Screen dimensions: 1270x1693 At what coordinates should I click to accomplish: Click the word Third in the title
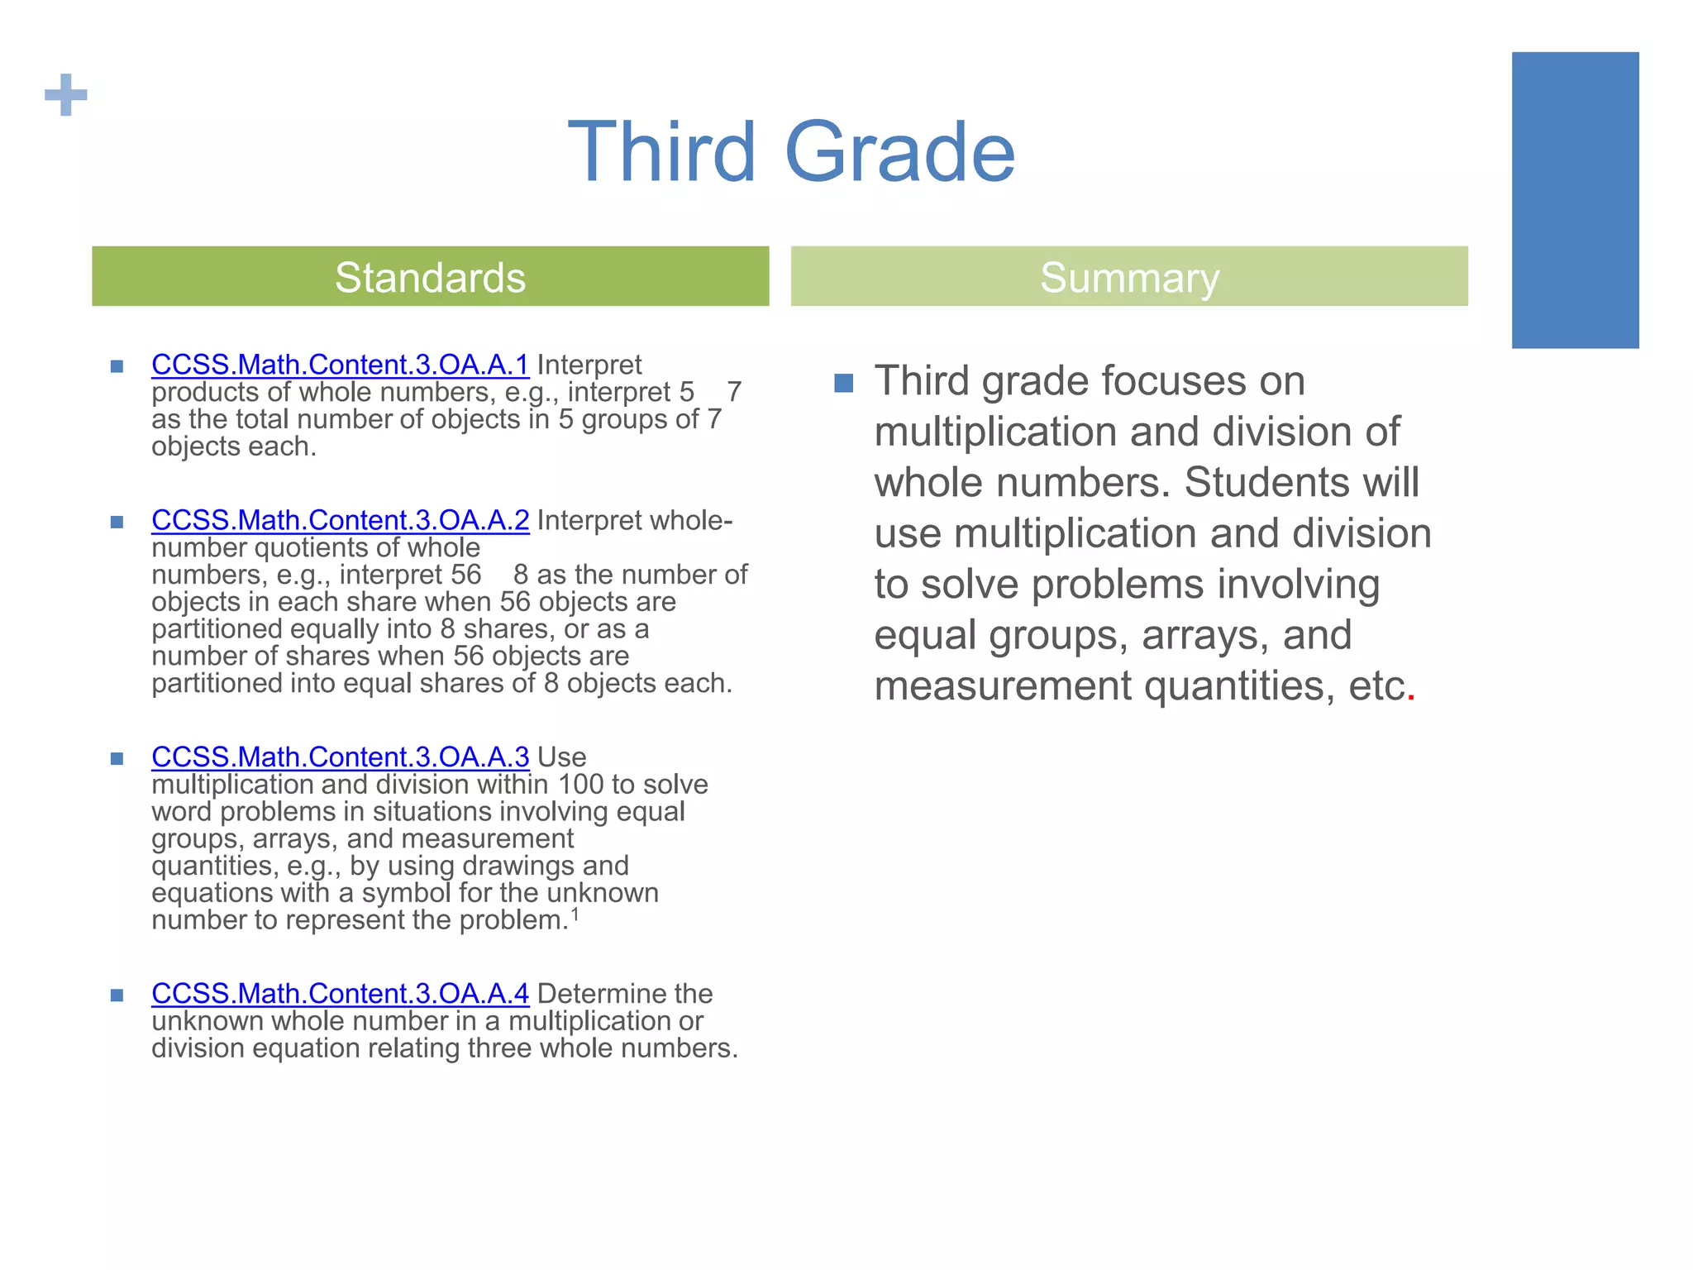click(x=662, y=153)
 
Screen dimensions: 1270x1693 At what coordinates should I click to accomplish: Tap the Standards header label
click(x=430, y=278)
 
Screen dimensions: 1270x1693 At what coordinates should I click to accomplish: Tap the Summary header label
click(x=1129, y=278)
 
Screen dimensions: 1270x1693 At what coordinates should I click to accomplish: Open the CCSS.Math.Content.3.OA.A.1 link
click(x=340, y=365)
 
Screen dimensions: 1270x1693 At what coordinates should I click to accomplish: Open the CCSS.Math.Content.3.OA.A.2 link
click(x=340, y=520)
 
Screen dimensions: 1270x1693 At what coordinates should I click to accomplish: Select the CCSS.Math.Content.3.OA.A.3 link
click(x=340, y=757)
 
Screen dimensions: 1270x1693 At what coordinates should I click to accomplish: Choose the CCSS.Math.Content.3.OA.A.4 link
click(x=340, y=993)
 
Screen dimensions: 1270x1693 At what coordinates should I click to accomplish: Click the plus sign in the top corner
click(x=66, y=95)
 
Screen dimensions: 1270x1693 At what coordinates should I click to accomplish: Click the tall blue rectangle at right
click(x=1575, y=200)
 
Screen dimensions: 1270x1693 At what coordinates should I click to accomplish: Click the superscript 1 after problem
click(x=575, y=914)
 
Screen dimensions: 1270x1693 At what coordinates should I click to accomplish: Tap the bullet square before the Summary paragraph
click(x=843, y=383)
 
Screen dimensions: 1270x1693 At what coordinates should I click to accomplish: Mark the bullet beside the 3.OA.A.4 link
click(x=117, y=995)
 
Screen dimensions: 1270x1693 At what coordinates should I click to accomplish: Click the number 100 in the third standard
click(x=580, y=784)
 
